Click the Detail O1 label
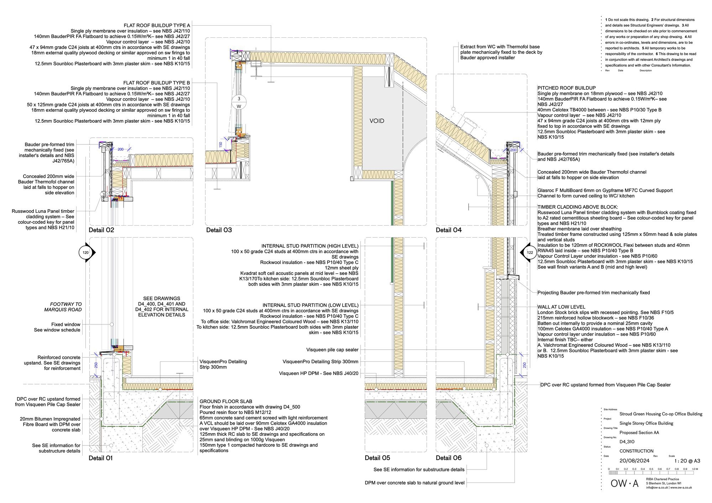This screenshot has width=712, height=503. click(x=100, y=458)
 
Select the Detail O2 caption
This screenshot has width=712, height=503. click(x=101, y=230)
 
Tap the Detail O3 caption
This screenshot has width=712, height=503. click(x=219, y=230)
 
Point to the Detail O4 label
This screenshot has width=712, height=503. click(x=449, y=230)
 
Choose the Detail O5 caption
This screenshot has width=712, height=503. click(x=377, y=458)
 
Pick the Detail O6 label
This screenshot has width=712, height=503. click(x=449, y=458)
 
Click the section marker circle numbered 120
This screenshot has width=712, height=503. click(x=85, y=253)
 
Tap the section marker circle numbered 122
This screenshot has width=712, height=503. click(x=530, y=253)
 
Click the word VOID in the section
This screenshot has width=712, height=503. click(x=377, y=121)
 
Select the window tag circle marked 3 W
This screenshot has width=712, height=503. click(x=239, y=102)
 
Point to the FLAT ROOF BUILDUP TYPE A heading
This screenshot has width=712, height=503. click(x=157, y=26)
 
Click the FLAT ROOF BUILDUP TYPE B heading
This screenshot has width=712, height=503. click(x=157, y=83)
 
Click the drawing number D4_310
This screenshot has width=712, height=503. click(x=627, y=442)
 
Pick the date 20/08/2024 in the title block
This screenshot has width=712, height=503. click(x=634, y=461)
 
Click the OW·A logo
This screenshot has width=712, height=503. click(x=624, y=483)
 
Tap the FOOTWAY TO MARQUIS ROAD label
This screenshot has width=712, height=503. click(x=63, y=307)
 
